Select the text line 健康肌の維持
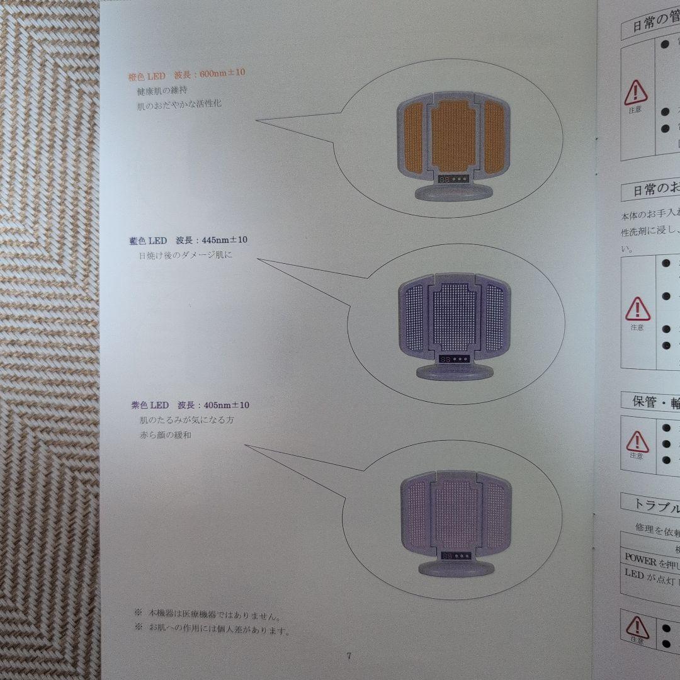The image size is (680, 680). [x=162, y=91]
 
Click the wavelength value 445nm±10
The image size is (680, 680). [x=222, y=241]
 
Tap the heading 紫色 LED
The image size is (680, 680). [x=145, y=405]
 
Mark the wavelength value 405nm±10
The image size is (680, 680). [x=223, y=405]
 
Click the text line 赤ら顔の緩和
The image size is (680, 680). [x=166, y=434]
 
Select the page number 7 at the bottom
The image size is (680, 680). [x=349, y=655]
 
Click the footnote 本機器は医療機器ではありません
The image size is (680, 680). [x=214, y=613]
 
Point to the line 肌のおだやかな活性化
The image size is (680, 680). [x=179, y=105]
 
